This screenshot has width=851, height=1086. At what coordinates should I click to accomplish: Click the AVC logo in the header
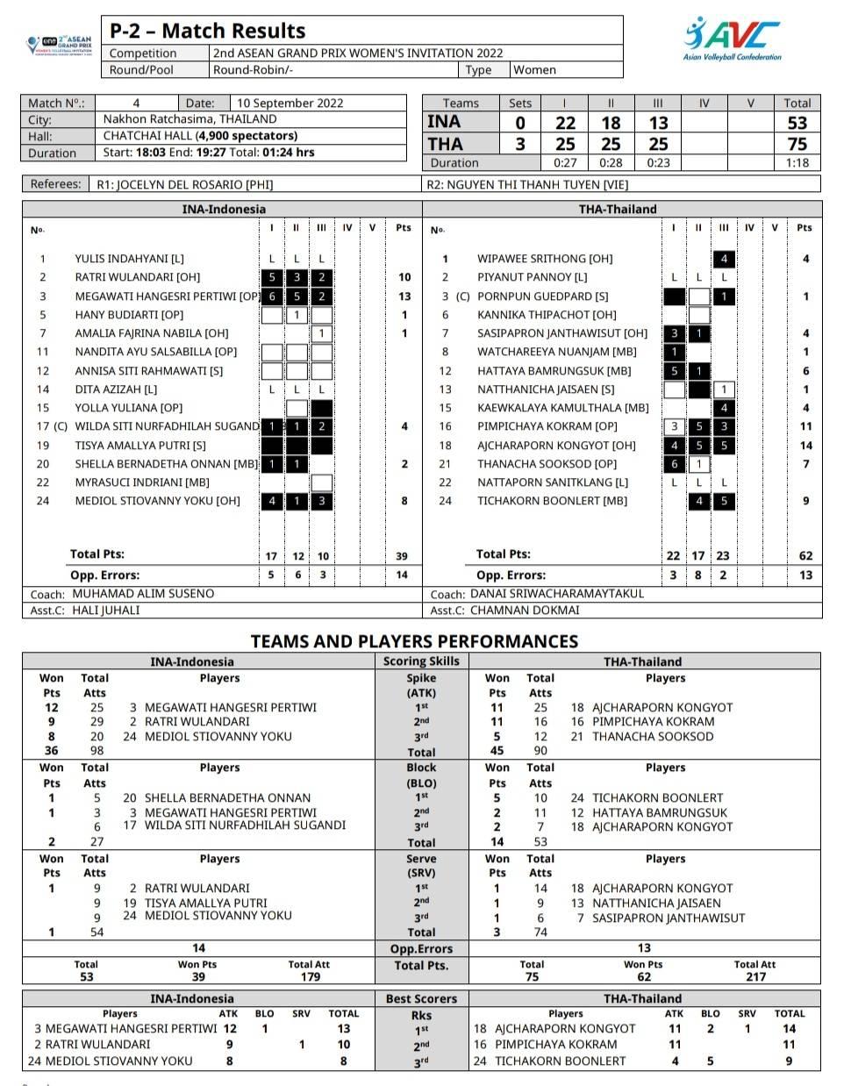[732, 39]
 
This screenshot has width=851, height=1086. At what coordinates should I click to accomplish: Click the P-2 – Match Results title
[207, 31]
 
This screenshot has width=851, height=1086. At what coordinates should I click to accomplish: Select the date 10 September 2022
[290, 103]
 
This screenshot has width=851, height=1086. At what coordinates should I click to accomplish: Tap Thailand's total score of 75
[797, 144]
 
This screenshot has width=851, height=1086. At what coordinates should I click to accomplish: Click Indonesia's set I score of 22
[566, 123]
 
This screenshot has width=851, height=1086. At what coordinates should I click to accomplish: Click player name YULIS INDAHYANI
[129, 259]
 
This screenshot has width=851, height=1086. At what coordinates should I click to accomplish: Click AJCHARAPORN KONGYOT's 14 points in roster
[805, 445]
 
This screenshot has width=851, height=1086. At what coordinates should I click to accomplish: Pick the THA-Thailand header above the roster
[618, 209]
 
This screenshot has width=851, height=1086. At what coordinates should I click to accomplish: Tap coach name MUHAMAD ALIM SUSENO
[143, 594]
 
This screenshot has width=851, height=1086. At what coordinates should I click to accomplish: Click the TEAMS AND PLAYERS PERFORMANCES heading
[414, 641]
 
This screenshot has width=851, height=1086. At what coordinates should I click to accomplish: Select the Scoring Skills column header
[421, 661]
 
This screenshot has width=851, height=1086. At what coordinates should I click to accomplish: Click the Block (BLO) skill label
[421, 775]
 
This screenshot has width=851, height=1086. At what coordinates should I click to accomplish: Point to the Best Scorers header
[421, 998]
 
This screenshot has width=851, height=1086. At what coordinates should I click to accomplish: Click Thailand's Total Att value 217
[754, 976]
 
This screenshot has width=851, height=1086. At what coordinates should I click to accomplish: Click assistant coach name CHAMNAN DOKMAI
[525, 611]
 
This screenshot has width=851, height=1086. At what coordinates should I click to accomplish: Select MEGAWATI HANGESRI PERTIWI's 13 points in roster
[404, 297]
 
